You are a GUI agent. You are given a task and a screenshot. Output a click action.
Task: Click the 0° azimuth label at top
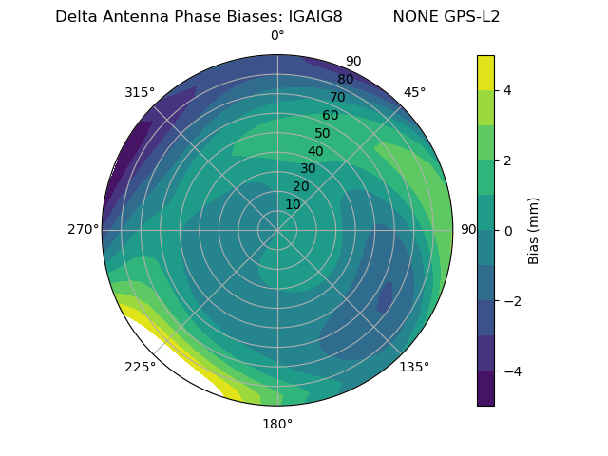click(x=277, y=36)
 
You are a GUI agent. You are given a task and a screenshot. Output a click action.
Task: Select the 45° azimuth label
click(x=414, y=92)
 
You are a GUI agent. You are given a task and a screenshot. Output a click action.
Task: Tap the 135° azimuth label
click(x=414, y=367)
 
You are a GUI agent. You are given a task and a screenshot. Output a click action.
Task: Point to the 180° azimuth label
click(x=277, y=424)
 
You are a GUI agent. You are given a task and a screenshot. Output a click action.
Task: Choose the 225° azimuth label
click(x=140, y=367)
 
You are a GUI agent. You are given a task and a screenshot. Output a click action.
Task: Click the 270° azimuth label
click(x=83, y=229)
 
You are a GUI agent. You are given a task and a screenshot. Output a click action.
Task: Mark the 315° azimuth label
click(x=140, y=92)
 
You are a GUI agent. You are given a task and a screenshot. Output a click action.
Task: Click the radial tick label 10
click(x=293, y=204)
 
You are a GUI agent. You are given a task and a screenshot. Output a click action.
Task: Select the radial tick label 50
click(x=322, y=134)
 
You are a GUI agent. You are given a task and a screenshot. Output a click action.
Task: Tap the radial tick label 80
click(x=345, y=79)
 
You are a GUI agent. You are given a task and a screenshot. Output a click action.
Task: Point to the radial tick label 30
click(x=308, y=169)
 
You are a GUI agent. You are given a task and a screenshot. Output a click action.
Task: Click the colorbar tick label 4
click(x=507, y=90)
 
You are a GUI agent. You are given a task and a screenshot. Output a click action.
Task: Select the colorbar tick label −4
click(x=511, y=371)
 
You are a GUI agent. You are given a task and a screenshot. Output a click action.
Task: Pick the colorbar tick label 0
click(x=507, y=231)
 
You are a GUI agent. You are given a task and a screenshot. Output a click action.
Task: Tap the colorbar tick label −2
click(x=511, y=301)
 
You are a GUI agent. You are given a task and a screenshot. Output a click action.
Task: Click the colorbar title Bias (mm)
click(x=534, y=231)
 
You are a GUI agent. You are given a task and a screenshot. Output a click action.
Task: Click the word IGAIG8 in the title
click(x=310, y=17)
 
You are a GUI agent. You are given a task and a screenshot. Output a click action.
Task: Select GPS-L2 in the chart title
click(x=466, y=17)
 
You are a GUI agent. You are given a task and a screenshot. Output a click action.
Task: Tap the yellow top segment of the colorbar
click(x=485, y=72)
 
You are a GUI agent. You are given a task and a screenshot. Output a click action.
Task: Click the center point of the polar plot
click(x=277, y=230)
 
